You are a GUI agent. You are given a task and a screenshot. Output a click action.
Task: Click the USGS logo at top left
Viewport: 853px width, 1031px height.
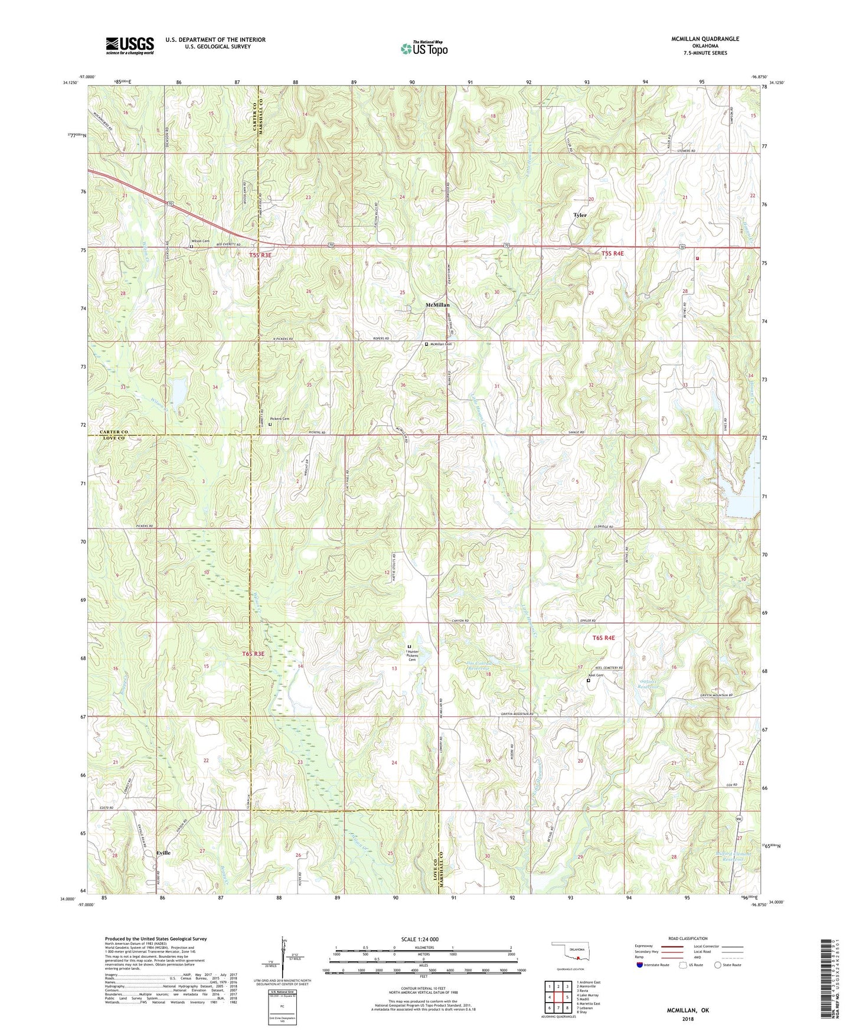pyautogui.click(x=130, y=45)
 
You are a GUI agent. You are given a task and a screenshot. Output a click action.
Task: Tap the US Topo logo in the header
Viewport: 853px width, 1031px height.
pyautogui.click(x=423, y=48)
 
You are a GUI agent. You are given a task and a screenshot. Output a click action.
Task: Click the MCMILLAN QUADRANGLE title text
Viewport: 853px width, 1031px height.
pyautogui.click(x=705, y=39)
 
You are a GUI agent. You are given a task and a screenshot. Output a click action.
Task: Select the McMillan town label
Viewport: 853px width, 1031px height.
pyautogui.click(x=437, y=305)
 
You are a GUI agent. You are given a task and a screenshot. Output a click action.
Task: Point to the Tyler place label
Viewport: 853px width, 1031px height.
pyautogui.click(x=580, y=215)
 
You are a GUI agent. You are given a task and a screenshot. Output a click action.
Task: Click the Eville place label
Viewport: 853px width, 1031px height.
pyautogui.click(x=164, y=853)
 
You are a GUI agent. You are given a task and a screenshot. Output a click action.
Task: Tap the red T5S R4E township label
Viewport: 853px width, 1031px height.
pyautogui.click(x=613, y=254)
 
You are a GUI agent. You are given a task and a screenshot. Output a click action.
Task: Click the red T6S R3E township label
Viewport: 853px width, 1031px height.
pyautogui.click(x=253, y=654)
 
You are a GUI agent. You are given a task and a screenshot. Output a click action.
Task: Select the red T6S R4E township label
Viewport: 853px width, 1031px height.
pyautogui.click(x=604, y=638)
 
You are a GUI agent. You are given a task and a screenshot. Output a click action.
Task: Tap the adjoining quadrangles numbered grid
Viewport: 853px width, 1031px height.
pyautogui.click(x=558, y=998)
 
